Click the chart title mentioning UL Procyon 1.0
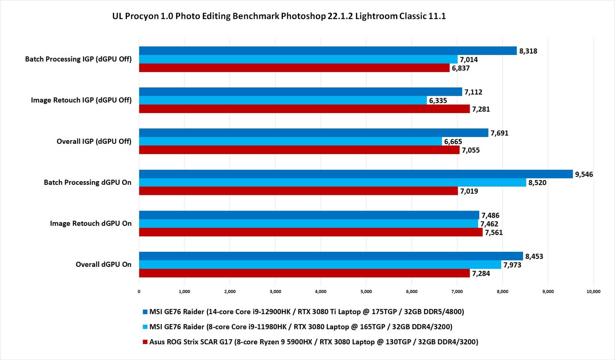click(x=279, y=16)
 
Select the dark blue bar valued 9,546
click(x=356, y=174)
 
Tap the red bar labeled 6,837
click(x=294, y=68)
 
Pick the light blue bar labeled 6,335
click(x=283, y=100)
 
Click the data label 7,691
click(x=499, y=133)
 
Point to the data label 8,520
click(x=537, y=183)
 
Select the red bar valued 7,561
click(x=311, y=232)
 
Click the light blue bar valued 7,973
click(x=320, y=265)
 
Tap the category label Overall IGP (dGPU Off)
click(x=94, y=141)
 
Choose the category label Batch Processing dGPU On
click(x=87, y=182)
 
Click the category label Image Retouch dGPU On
click(x=90, y=223)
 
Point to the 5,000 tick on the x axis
click(x=366, y=291)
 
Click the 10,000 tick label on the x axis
click(x=593, y=291)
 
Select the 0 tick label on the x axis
click(x=139, y=291)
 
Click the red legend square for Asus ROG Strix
click(x=145, y=342)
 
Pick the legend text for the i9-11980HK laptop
click(x=301, y=327)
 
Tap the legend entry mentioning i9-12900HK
click(x=306, y=312)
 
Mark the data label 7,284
click(x=481, y=273)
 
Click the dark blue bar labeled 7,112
click(x=300, y=92)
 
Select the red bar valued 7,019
click(x=298, y=191)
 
